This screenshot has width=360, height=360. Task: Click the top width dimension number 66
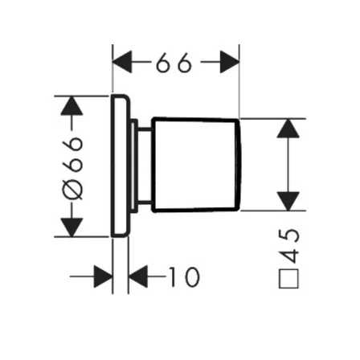[x=174, y=63]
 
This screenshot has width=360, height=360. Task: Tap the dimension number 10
[x=185, y=276]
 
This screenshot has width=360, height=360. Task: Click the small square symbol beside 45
[x=288, y=279]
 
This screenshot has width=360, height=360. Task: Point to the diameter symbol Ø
[x=72, y=189]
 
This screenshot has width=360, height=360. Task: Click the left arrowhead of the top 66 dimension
[x=122, y=62]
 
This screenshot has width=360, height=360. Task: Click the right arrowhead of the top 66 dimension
[x=230, y=62]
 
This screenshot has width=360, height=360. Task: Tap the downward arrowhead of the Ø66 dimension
[x=72, y=227]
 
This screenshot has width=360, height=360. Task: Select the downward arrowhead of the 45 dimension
[x=288, y=201]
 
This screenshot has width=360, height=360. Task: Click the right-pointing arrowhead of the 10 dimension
[x=103, y=276]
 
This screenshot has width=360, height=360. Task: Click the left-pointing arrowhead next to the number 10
[x=138, y=276]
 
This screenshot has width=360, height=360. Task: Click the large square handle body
[x=196, y=165]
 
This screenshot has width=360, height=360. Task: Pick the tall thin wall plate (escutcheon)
[x=121, y=166]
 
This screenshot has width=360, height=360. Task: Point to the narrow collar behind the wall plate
[x=134, y=166]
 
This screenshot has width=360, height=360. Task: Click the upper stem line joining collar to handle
[x=145, y=130]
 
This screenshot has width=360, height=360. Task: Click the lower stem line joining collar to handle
[x=145, y=201]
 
